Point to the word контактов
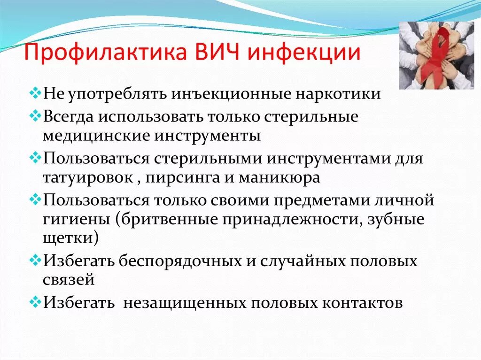click(362, 303)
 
